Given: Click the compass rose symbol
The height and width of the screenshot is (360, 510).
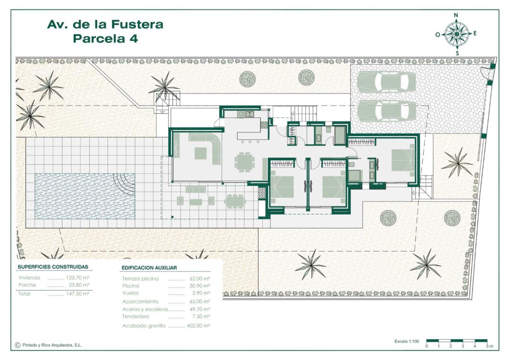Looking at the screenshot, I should coord(456,34).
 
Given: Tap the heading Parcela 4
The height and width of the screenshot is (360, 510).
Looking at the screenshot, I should coord(105,39).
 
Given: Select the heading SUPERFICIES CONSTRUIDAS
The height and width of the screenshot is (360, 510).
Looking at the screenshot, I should coord(53,267).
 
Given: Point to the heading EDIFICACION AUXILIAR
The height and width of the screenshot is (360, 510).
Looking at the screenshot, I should coord(149,268).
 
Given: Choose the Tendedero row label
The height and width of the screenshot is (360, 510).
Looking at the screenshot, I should coord(136,316).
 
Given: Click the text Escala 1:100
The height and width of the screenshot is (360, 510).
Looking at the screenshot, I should coord(407,341).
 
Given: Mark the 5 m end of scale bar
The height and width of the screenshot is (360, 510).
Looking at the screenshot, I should coord(487,341).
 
